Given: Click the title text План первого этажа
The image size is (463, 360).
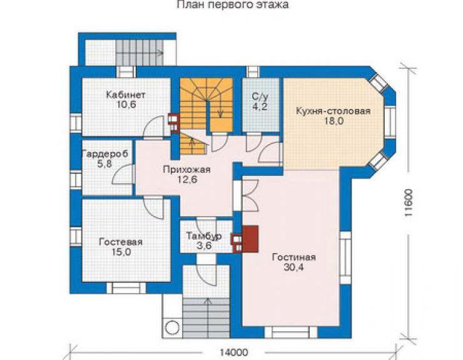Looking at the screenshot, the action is pyautogui.click(x=233, y=5).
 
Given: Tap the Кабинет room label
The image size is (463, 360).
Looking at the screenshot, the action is pyautogui.click(x=126, y=95).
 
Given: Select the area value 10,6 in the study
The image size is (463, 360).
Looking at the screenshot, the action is pyautogui.click(x=126, y=105).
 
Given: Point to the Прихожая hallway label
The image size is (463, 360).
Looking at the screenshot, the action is pyautogui.click(x=186, y=170).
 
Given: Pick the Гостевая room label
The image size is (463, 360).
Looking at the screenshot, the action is pyautogui.click(x=121, y=242).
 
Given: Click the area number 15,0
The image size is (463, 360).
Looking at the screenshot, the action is pyautogui.click(x=121, y=252).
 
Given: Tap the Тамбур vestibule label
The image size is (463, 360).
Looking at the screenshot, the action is pyautogui.click(x=204, y=236).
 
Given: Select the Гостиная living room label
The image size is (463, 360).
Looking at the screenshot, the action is pyautogui.click(x=294, y=257).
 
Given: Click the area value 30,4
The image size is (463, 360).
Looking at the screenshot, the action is pyautogui.click(x=294, y=267).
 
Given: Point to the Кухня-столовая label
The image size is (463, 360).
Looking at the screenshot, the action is pyautogui.click(x=333, y=111).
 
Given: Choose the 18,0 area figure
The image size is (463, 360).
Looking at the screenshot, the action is pyautogui.click(x=334, y=121).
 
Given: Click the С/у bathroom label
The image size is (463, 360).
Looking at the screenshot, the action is pyautogui.click(x=260, y=96).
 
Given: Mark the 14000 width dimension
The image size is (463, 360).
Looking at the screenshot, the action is pyautogui.click(x=234, y=352).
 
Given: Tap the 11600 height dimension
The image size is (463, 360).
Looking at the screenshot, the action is pyautogui.click(x=408, y=202).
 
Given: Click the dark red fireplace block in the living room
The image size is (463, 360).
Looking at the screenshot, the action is pyautogui.click(x=250, y=239).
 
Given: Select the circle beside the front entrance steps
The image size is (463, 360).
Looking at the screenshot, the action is pyautogui.click(x=172, y=328).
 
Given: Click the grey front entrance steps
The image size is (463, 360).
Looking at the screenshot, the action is pyautogui.click(x=206, y=318).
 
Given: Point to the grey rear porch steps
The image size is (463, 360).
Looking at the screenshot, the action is pyautogui.click(x=140, y=53).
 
